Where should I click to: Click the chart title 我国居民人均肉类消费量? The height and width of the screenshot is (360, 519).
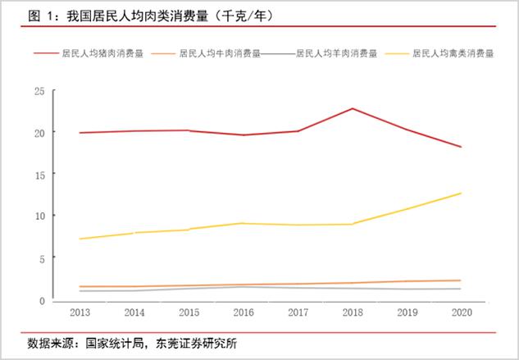point(140,16)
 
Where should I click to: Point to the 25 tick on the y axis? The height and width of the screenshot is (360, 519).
point(39,90)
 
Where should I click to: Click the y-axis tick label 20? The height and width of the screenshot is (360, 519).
point(39,132)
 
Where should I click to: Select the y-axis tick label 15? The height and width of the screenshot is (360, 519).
point(39,174)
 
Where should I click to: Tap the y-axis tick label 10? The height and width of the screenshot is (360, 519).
point(39,216)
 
